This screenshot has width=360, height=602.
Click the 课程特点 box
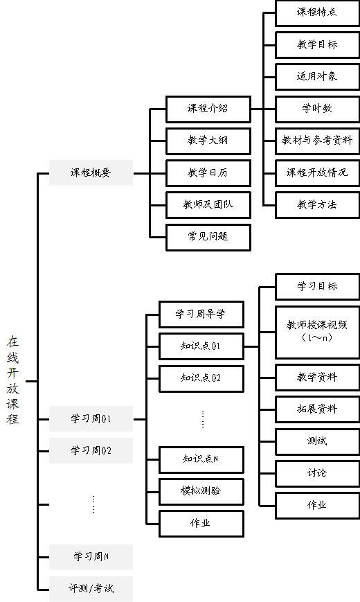(x=317, y=12)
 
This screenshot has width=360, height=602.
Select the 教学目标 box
(x=317, y=45)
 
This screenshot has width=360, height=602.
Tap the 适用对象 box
(x=317, y=77)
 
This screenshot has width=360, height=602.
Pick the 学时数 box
(x=317, y=109)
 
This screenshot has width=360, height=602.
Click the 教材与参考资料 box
(x=317, y=141)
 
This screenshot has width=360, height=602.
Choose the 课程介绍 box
(x=208, y=109)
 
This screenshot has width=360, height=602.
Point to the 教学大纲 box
(x=208, y=141)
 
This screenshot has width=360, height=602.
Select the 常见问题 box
(x=208, y=238)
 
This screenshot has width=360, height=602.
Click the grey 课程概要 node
(x=91, y=172)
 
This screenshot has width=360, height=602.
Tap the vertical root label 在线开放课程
(x=12, y=380)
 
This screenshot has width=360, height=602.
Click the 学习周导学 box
(x=201, y=315)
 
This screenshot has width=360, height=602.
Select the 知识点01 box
(x=201, y=346)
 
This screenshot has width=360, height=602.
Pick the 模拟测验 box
(x=201, y=491)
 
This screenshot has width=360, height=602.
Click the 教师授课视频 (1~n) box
(x=317, y=333)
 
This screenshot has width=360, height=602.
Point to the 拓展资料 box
(x=317, y=409)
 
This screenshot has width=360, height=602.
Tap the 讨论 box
(x=317, y=473)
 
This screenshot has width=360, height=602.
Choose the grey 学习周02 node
(x=91, y=450)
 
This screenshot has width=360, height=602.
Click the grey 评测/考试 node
(x=91, y=589)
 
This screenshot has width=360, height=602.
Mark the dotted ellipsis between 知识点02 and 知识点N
(x=203, y=419)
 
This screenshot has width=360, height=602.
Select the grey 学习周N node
(x=91, y=557)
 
